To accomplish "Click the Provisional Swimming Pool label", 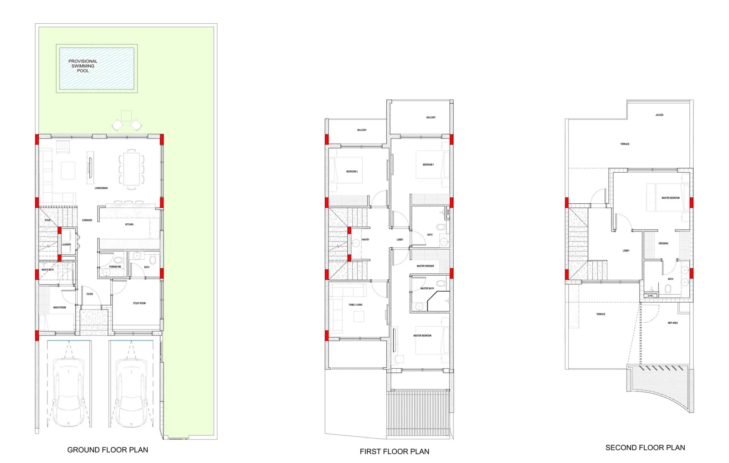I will pyautogui.click(x=83, y=66).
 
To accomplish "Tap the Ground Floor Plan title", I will pyautogui.click(x=108, y=450).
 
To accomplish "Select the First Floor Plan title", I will pyautogui.click(x=394, y=452).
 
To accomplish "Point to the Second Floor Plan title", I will pyautogui.click(x=645, y=448).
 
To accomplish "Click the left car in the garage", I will pyautogui.click(x=68, y=392).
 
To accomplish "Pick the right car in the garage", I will pyautogui.click(x=131, y=392).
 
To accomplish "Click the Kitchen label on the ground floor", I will pyautogui.click(x=129, y=225).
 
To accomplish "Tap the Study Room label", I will pyautogui.click(x=139, y=303).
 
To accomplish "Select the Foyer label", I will pyautogui.click(x=90, y=294).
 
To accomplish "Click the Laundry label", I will pyautogui.click(x=67, y=245).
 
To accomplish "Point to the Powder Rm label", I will pyautogui.click(x=115, y=267).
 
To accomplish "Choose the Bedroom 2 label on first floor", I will pyautogui.click(x=352, y=172).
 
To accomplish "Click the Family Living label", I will pyautogui.click(x=355, y=305).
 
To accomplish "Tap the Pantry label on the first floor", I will pyautogui.click(x=365, y=240).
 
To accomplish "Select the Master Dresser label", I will pyautogui.click(x=425, y=266).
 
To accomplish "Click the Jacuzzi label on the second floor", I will pyautogui.click(x=659, y=115).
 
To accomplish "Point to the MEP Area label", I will pyautogui.click(x=673, y=323).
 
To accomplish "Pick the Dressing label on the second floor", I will pyautogui.click(x=663, y=243).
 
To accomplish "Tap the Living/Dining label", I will pyautogui.click(x=101, y=188).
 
